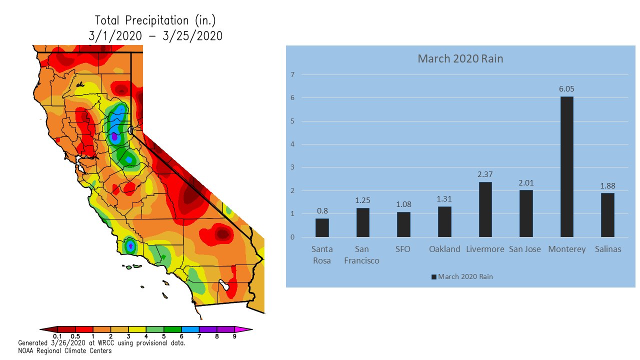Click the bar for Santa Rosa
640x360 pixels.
pos(322,227)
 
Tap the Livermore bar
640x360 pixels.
pos(485,209)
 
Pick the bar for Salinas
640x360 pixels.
pos(607,215)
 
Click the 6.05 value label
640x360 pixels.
pos(566,89)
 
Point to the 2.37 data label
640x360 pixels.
pos(485,174)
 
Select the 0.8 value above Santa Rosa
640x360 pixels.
pos(322,211)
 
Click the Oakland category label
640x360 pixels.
pos(444,249)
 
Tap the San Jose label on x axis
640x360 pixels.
pos(525,249)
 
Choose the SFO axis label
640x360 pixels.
pos(403,249)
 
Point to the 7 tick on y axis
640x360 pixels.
pos(293,75)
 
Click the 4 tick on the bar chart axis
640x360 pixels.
pos(293,144)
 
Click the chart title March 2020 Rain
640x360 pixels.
pos(460,59)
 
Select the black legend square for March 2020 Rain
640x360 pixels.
pos(433,277)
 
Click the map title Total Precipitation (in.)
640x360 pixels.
pos(155,20)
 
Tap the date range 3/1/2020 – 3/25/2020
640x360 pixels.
pos(155,35)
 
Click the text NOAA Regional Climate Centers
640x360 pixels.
pos(65,350)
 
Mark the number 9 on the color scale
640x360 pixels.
pos(234,336)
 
